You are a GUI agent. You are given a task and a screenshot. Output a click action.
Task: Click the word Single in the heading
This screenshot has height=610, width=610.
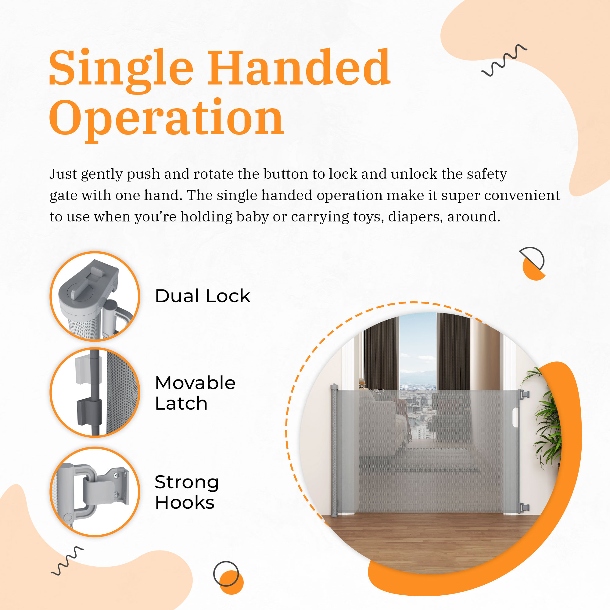coord(121,70)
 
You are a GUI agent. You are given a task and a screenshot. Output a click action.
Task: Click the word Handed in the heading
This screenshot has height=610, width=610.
coord(299,67)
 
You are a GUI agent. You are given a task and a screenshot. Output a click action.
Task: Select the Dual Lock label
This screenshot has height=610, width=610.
coord(203,296)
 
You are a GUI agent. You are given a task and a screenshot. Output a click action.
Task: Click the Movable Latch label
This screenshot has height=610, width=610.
coord(196,393)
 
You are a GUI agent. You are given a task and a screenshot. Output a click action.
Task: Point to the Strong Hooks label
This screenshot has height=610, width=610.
coord(187,492)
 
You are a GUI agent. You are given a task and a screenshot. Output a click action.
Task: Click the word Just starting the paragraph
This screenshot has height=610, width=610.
coord(63,174)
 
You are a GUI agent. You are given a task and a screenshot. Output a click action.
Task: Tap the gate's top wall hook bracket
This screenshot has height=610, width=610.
coord(524,394)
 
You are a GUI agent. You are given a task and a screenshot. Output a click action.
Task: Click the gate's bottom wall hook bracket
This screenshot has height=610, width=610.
coord(524,508)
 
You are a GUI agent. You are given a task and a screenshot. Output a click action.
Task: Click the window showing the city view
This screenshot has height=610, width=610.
coord(418,376)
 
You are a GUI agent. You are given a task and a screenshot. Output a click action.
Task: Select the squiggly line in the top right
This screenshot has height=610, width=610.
coord(504,60)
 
